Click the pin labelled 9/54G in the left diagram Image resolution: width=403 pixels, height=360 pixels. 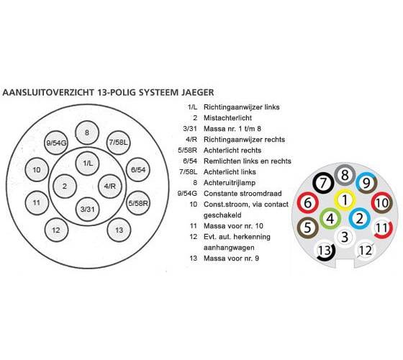click(56, 143)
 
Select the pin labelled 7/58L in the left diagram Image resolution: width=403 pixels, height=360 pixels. click(118, 143)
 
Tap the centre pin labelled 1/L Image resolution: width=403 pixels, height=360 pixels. click(87, 163)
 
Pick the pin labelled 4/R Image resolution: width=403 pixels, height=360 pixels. click(110, 186)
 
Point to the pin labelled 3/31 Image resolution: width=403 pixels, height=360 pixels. click(88, 209)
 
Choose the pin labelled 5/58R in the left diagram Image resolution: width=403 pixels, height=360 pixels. click(138, 203)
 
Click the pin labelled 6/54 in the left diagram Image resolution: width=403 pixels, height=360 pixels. click(138, 170)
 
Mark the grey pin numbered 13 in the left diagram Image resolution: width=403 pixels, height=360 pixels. click(119, 230)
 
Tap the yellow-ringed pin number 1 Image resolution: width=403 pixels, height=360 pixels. click(345, 200)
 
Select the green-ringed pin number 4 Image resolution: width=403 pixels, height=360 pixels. click(330, 219)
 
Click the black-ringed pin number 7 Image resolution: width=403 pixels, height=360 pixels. click(323, 183)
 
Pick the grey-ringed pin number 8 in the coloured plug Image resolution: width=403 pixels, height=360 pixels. click(345, 176)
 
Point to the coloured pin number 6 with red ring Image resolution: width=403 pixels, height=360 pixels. click(308, 203)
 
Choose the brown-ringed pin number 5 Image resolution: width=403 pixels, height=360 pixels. click(308, 228)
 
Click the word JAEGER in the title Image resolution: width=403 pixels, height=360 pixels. click(198, 92)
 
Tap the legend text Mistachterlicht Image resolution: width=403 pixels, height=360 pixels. click(227, 118)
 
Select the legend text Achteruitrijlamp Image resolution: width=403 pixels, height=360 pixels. click(230, 183)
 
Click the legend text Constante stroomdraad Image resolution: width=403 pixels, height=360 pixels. click(243, 194)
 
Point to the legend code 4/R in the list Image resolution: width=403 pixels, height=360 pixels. click(191, 140)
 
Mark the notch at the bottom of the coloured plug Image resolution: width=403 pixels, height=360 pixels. click(345, 263)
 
